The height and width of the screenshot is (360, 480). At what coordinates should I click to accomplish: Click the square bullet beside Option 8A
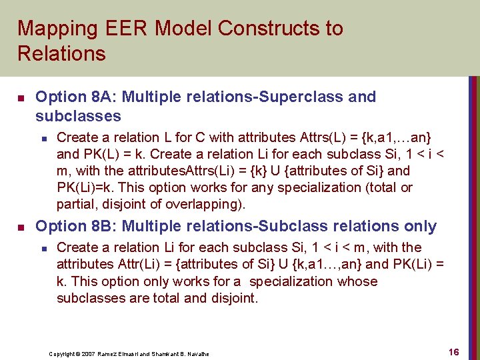(x=21, y=97)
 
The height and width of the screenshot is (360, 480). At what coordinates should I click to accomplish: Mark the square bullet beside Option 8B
(x=21, y=227)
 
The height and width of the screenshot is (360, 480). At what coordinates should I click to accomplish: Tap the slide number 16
(x=453, y=352)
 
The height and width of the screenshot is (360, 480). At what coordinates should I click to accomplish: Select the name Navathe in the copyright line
(x=197, y=353)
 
